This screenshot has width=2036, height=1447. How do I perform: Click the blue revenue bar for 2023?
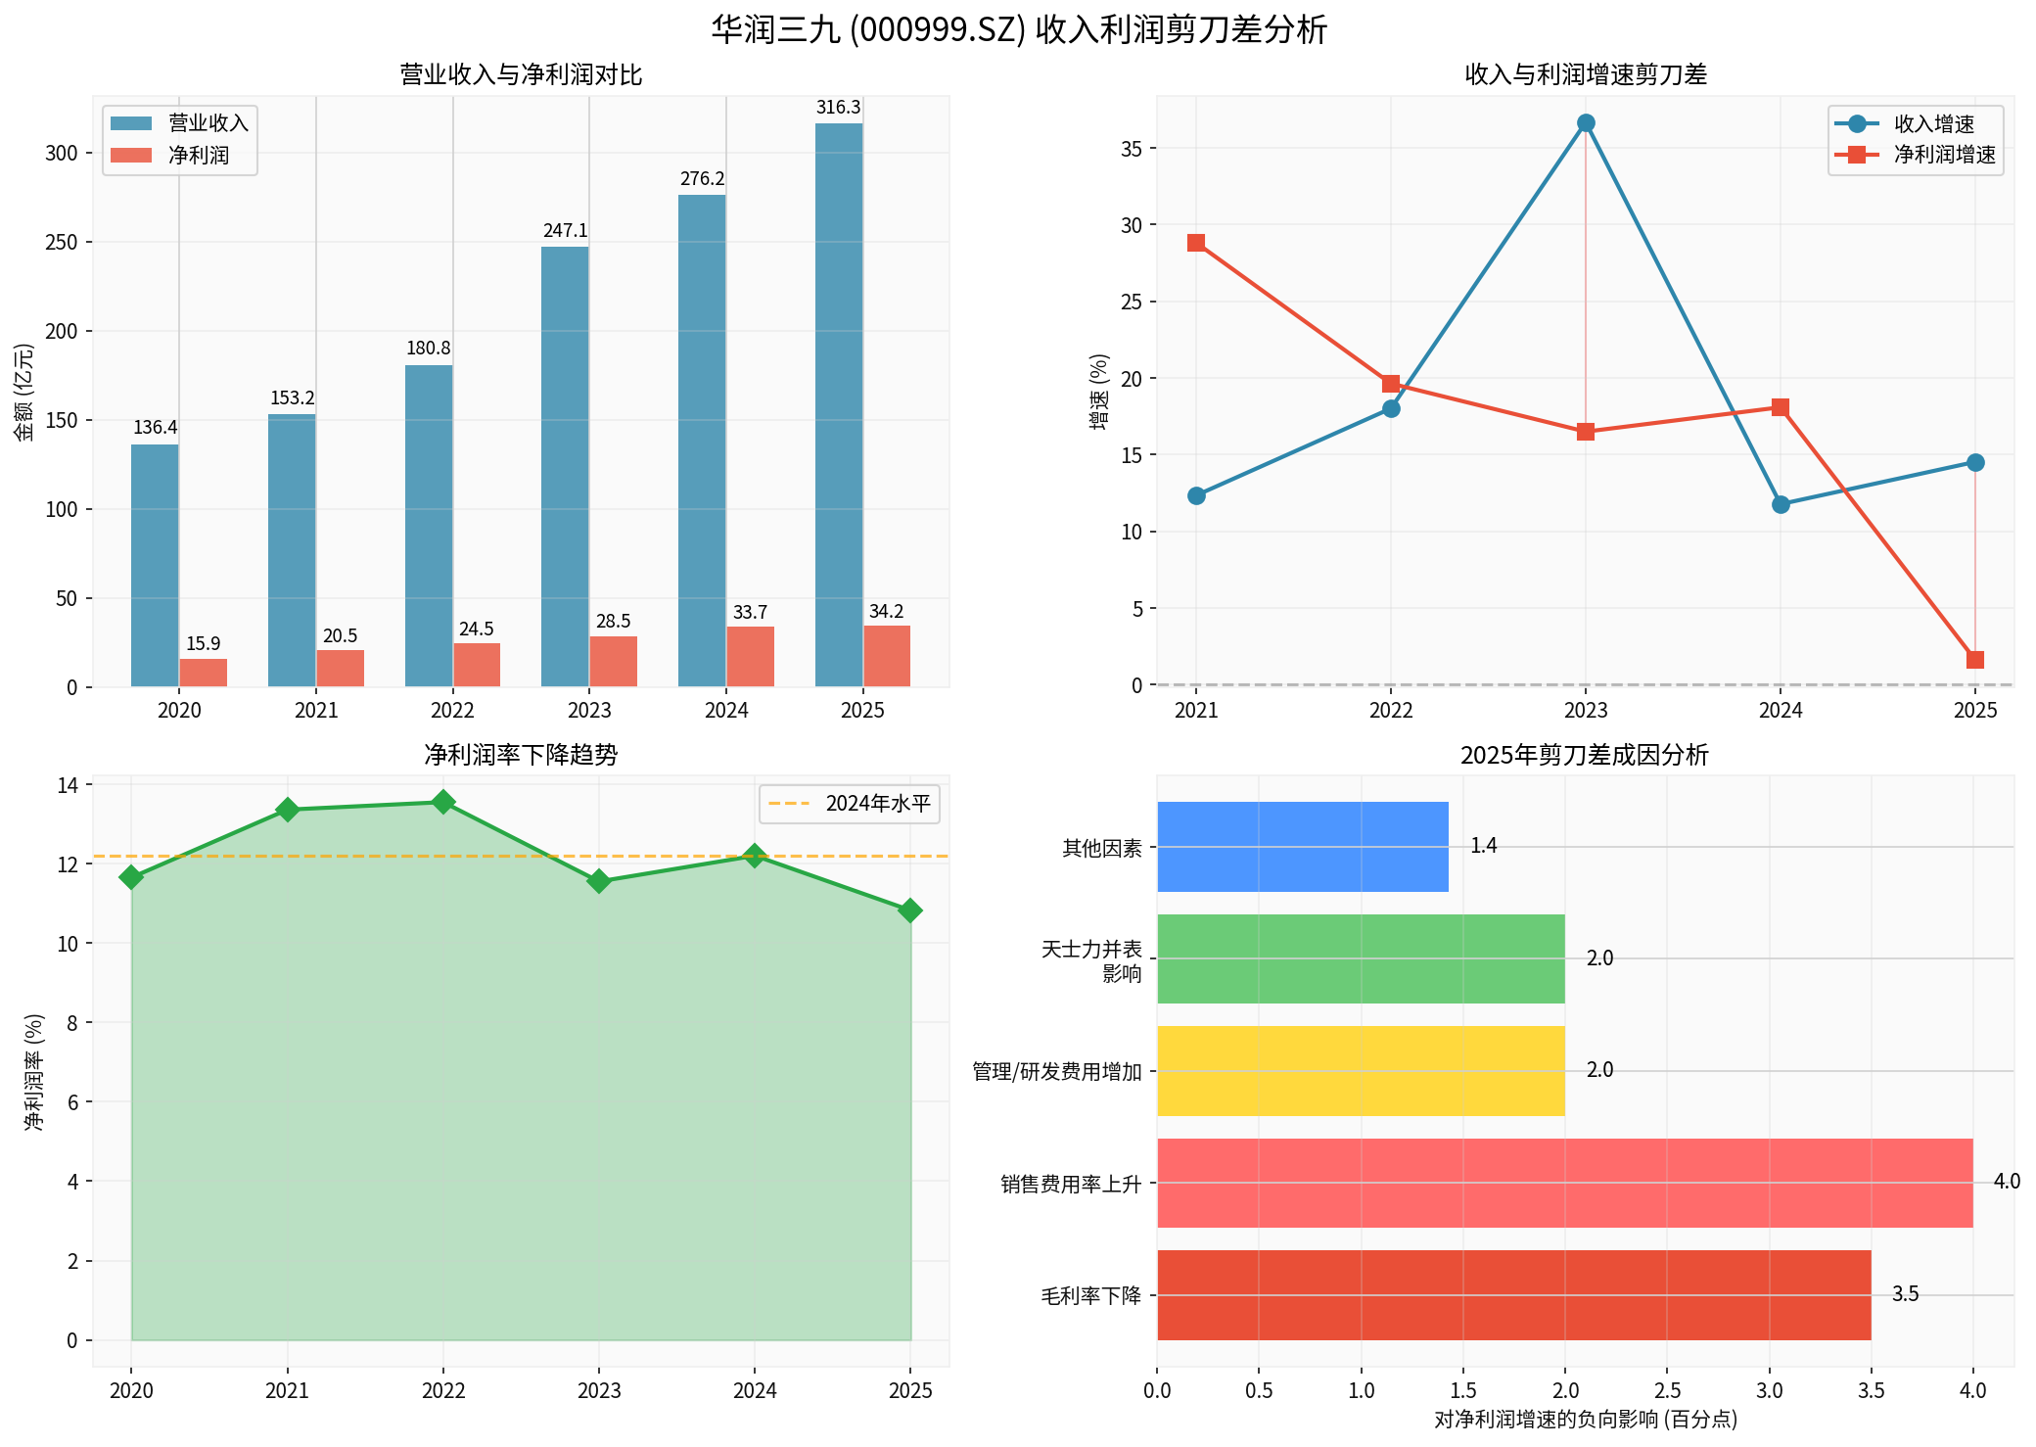[565, 466]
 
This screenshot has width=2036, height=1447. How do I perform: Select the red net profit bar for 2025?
[887, 656]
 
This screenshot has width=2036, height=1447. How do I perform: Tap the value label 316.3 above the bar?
[839, 108]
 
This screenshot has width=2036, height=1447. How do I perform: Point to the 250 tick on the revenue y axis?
[64, 243]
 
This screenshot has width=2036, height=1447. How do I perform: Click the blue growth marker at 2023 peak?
[1586, 123]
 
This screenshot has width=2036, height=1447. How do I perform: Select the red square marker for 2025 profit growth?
[1975, 660]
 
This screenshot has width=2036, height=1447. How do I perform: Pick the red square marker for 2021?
[1196, 243]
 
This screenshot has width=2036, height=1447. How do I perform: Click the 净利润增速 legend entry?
[1943, 155]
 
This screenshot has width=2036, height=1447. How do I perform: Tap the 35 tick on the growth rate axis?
[1132, 149]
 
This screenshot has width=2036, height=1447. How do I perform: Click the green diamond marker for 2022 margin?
[443, 802]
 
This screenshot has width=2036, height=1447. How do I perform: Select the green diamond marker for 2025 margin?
[910, 910]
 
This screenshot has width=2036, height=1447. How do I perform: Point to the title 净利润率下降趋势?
[521, 755]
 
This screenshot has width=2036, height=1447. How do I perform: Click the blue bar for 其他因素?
[1302, 847]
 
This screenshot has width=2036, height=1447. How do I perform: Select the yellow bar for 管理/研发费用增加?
[1361, 1071]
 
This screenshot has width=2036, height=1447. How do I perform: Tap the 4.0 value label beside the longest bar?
[2007, 1182]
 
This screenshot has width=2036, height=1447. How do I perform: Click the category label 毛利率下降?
[1090, 1296]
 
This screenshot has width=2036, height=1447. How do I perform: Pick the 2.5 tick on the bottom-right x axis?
[1667, 1390]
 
